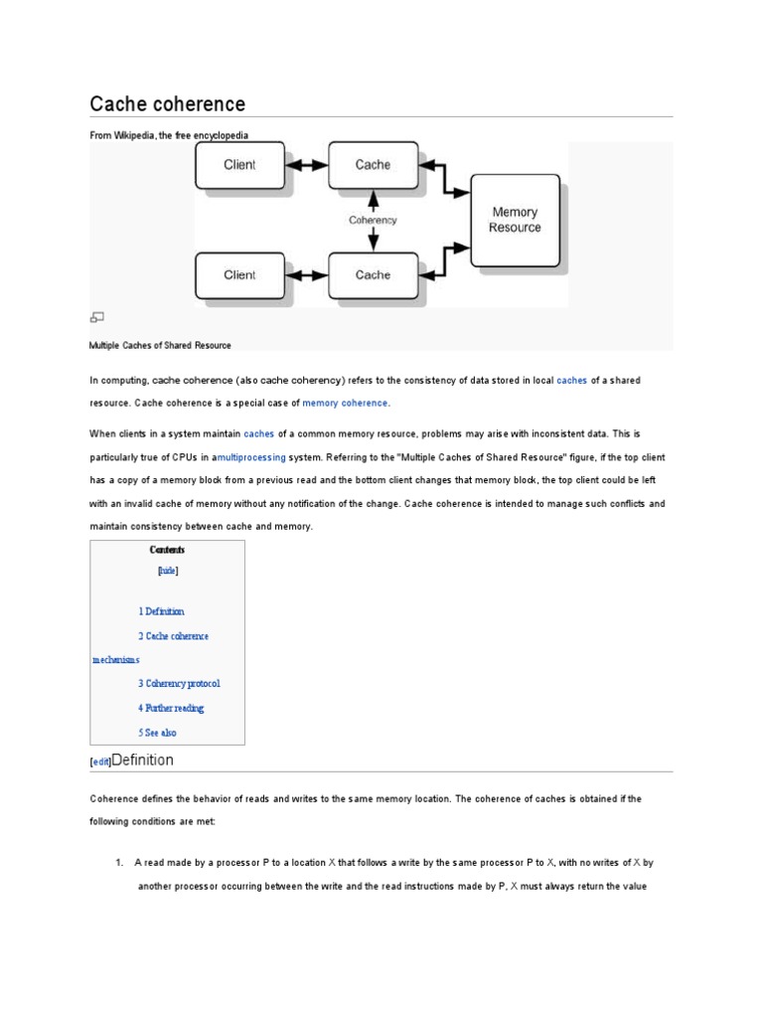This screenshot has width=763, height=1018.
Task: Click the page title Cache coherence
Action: (x=168, y=104)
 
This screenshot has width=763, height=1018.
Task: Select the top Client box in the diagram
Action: (x=239, y=165)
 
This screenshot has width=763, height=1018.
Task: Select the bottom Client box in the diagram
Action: (x=239, y=275)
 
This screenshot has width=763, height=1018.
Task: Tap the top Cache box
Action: (x=373, y=165)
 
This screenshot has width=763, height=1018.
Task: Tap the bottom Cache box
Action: (x=373, y=275)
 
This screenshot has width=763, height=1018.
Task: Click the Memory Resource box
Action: (x=515, y=220)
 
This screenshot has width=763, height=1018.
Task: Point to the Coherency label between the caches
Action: (x=373, y=220)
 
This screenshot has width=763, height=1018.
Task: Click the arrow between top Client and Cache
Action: (x=306, y=165)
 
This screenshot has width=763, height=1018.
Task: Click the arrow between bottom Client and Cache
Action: (x=306, y=275)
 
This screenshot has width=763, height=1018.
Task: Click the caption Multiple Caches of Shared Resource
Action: (x=160, y=346)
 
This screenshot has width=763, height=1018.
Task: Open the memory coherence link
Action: (x=346, y=404)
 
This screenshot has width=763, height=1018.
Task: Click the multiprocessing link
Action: (x=251, y=457)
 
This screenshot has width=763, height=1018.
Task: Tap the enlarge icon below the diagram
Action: (x=97, y=317)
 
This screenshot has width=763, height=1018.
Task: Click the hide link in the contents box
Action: (x=168, y=572)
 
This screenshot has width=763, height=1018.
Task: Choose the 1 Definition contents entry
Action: (x=161, y=611)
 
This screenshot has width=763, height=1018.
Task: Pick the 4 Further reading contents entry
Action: (x=171, y=708)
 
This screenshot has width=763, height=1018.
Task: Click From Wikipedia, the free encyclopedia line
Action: (x=169, y=135)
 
